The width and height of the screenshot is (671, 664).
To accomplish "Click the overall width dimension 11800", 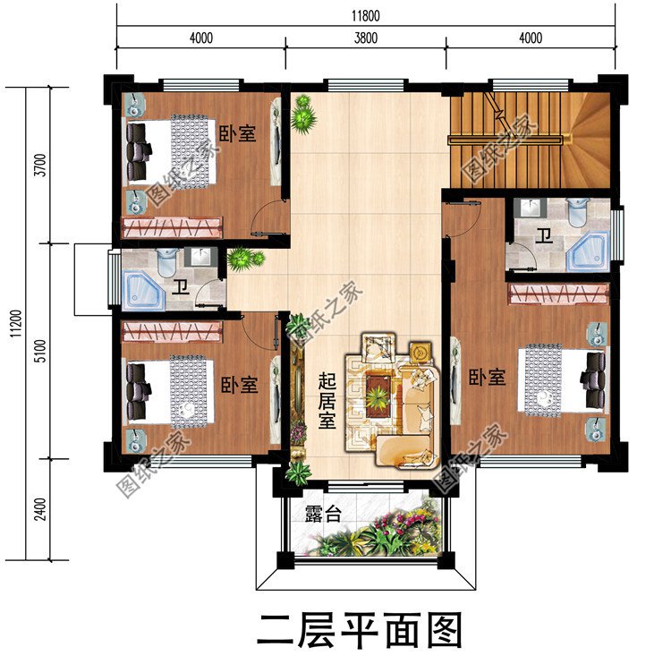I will click(x=365, y=15).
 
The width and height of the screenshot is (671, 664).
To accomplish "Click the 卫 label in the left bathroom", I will click(x=181, y=286).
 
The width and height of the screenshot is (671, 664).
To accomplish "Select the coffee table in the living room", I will click(x=378, y=392).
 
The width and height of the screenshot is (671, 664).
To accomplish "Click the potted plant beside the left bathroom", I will click(x=244, y=260).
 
